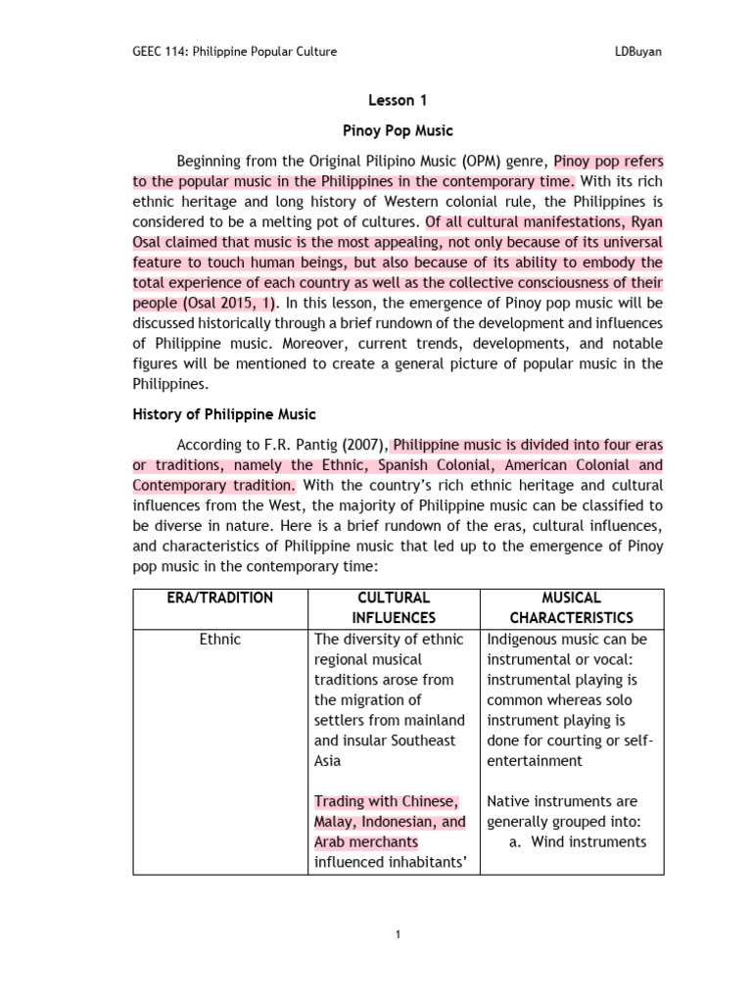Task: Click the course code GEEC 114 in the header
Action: [158, 52]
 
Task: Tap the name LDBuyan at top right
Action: [634, 52]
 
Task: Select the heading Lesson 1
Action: [398, 100]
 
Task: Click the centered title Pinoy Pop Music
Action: [398, 130]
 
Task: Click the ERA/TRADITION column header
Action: [220, 597]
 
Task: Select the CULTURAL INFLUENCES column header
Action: [394, 607]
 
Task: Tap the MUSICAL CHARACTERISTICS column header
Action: [573, 607]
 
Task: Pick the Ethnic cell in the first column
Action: [220, 640]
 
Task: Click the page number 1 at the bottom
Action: [399, 935]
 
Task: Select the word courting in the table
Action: [587, 740]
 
